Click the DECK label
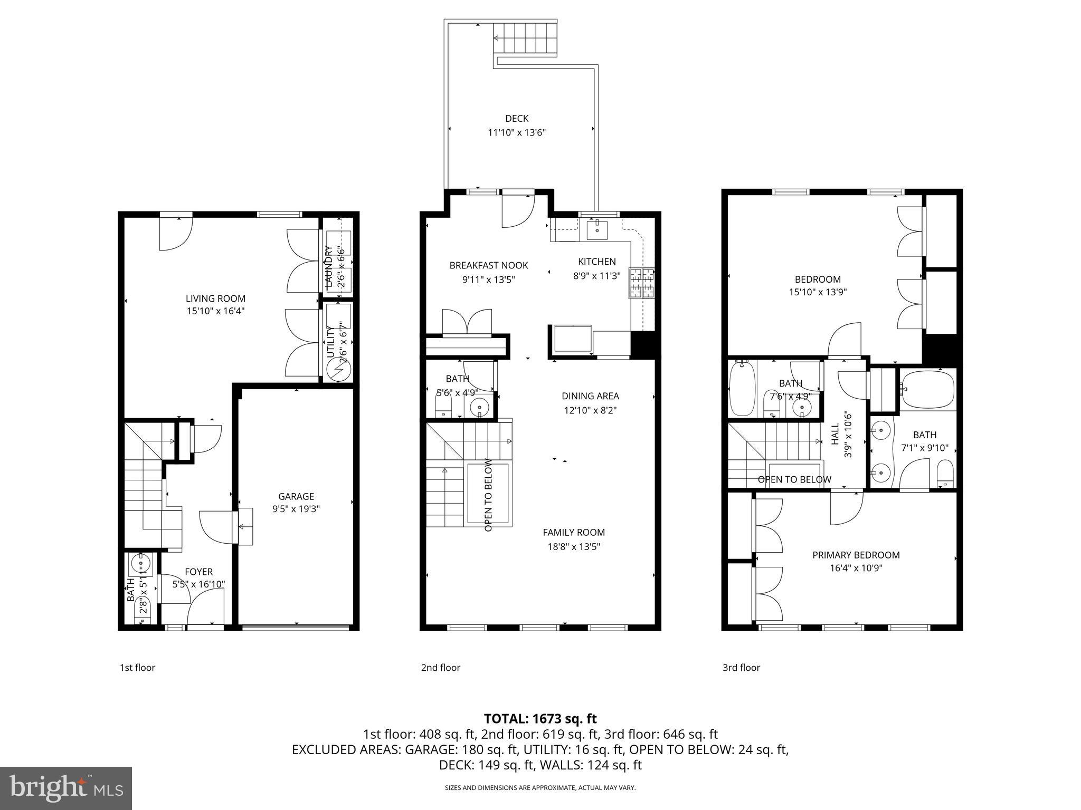516,119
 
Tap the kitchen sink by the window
597,230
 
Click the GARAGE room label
296,496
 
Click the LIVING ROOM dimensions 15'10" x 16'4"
215,311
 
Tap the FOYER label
198,572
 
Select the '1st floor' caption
137,668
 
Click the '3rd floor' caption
741,668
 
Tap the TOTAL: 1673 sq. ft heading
540,718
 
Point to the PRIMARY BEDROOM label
856,555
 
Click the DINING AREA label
590,396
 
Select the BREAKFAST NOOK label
488,265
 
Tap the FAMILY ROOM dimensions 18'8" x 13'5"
574,547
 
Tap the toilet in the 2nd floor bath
443,405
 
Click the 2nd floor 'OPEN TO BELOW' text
488,495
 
